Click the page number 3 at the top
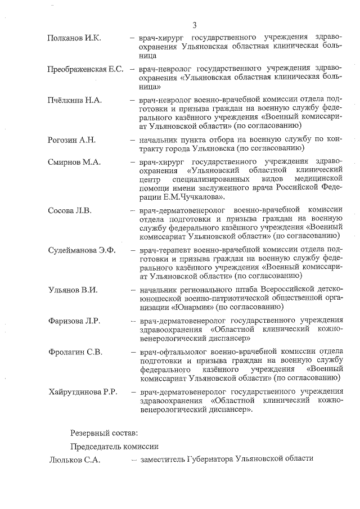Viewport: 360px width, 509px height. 194,25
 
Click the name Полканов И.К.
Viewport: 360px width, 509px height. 74,38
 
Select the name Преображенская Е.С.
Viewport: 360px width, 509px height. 85,69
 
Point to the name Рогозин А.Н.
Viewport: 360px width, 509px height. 72,139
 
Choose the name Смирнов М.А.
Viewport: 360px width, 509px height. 74,162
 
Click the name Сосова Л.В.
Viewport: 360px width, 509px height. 70,210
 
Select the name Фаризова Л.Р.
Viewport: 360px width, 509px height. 74,321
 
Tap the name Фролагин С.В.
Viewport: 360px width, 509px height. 75,352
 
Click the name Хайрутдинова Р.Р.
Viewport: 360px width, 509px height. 82,391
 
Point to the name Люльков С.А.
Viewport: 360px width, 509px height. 74,459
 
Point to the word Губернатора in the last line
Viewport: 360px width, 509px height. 210,459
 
